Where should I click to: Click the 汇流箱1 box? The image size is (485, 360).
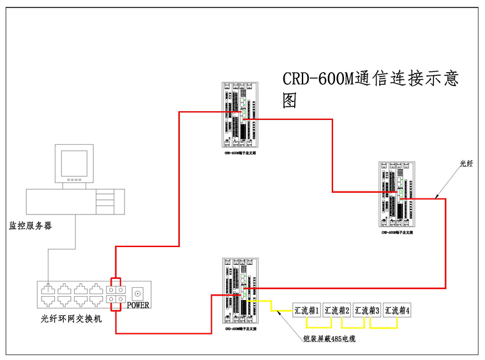click(306, 310)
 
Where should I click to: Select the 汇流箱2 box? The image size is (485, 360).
click(337, 310)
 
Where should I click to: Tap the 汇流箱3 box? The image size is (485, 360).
click(367, 310)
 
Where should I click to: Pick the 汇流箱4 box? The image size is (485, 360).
click(398, 310)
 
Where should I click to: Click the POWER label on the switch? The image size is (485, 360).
click(138, 305)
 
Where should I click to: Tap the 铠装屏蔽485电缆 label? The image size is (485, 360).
click(329, 339)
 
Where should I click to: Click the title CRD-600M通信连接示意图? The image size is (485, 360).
click(370, 88)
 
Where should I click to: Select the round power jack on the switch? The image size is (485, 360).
click(137, 293)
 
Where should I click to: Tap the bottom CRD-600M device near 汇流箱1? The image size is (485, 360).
click(240, 292)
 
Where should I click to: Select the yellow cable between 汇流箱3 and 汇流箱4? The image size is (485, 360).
click(382, 327)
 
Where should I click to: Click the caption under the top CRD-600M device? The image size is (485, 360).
click(240, 154)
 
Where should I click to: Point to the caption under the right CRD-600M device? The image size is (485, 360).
click(398, 233)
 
